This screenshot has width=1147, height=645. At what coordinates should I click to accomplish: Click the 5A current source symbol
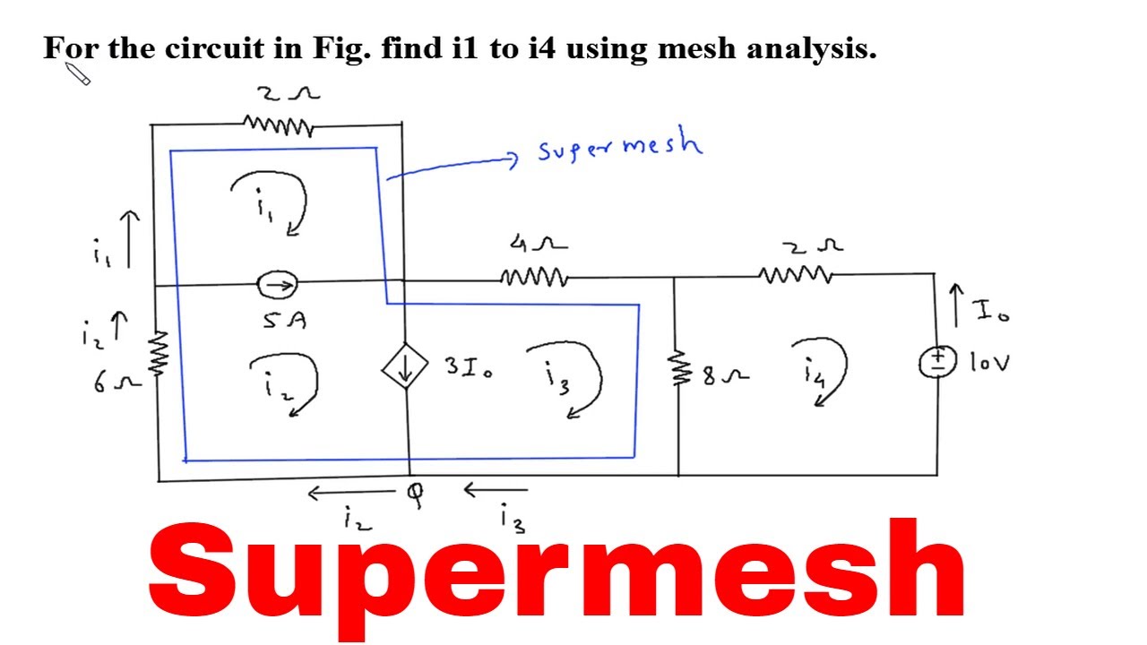point(278,286)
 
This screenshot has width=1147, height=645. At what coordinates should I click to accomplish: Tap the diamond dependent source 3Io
point(405,368)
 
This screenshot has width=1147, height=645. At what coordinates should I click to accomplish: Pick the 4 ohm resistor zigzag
point(533,278)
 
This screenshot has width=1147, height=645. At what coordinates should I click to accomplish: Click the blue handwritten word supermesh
point(620,145)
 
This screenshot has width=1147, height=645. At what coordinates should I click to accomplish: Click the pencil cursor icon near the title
point(79,75)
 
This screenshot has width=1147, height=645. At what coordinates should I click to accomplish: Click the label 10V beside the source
point(989,363)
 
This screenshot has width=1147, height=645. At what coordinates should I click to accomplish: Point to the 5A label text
point(285,320)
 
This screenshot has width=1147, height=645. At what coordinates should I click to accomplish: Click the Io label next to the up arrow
point(991,311)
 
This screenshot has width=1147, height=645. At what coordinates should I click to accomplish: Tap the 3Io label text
point(468,366)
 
